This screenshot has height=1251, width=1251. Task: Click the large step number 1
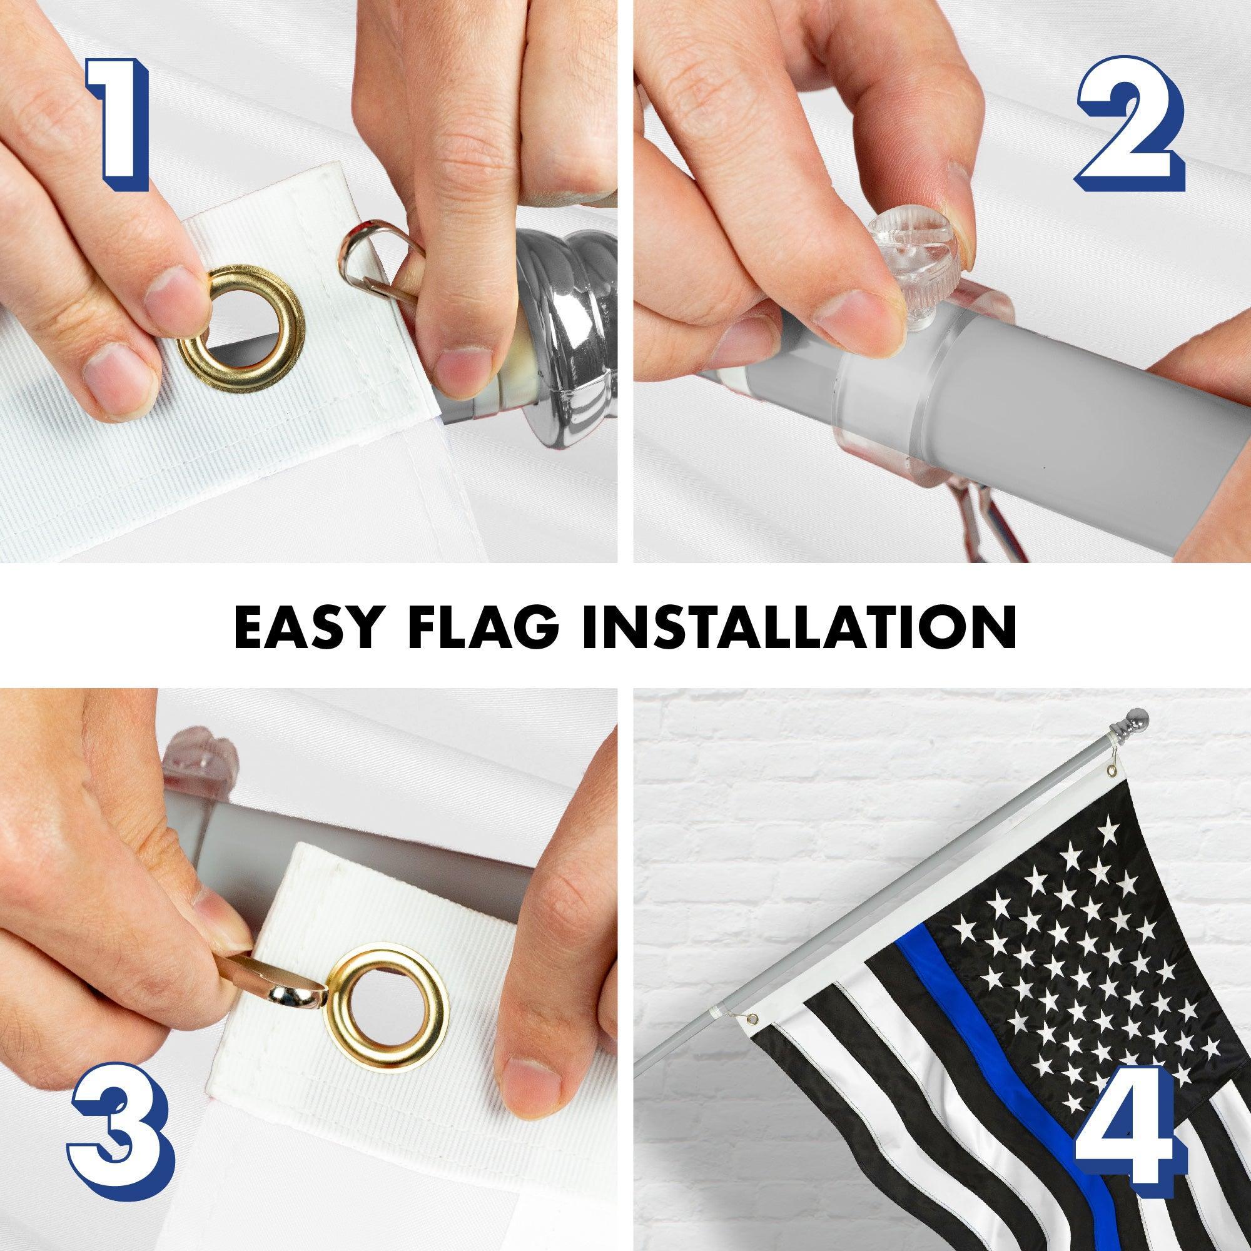pyautogui.click(x=118, y=124)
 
